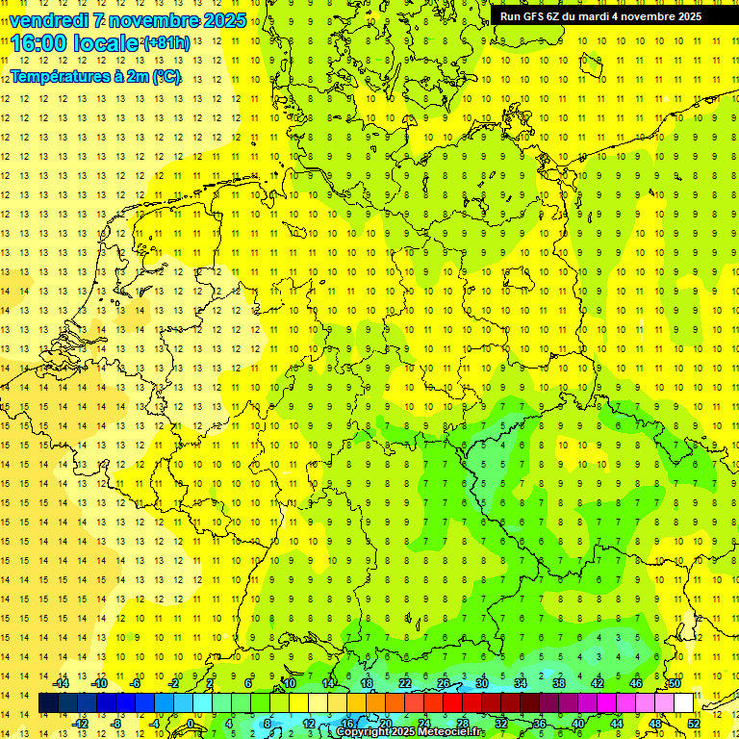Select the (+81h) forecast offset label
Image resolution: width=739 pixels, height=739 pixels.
pos(166,43)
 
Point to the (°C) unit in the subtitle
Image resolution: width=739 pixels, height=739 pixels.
pos(166,76)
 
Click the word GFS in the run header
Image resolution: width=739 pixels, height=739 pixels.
pos(534,16)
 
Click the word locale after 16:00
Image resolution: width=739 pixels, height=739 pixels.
pos(106,43)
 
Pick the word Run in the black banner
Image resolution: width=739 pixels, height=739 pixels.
pos(510,16)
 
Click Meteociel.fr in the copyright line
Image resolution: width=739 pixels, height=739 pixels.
pos(451,732)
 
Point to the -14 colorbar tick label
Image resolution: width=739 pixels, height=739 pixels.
pos(61,682)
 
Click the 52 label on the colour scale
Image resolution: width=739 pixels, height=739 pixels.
pos(694,724)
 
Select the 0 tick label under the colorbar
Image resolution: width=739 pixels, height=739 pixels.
pos(191,724)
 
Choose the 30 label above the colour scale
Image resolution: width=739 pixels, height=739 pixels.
pos(481,682)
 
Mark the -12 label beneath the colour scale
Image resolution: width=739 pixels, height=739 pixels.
pos(80,724)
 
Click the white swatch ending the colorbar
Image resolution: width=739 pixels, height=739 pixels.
pos(683,703)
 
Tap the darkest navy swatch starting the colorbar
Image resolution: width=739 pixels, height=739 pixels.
pos(49,703)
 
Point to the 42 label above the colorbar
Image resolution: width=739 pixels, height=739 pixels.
pos(597,682)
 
